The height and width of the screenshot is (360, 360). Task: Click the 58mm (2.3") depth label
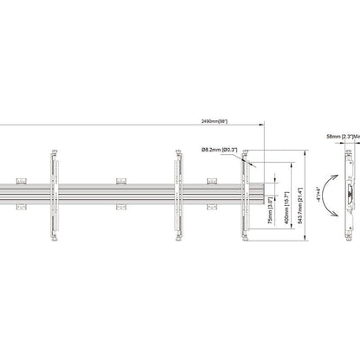tap(338, 136)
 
